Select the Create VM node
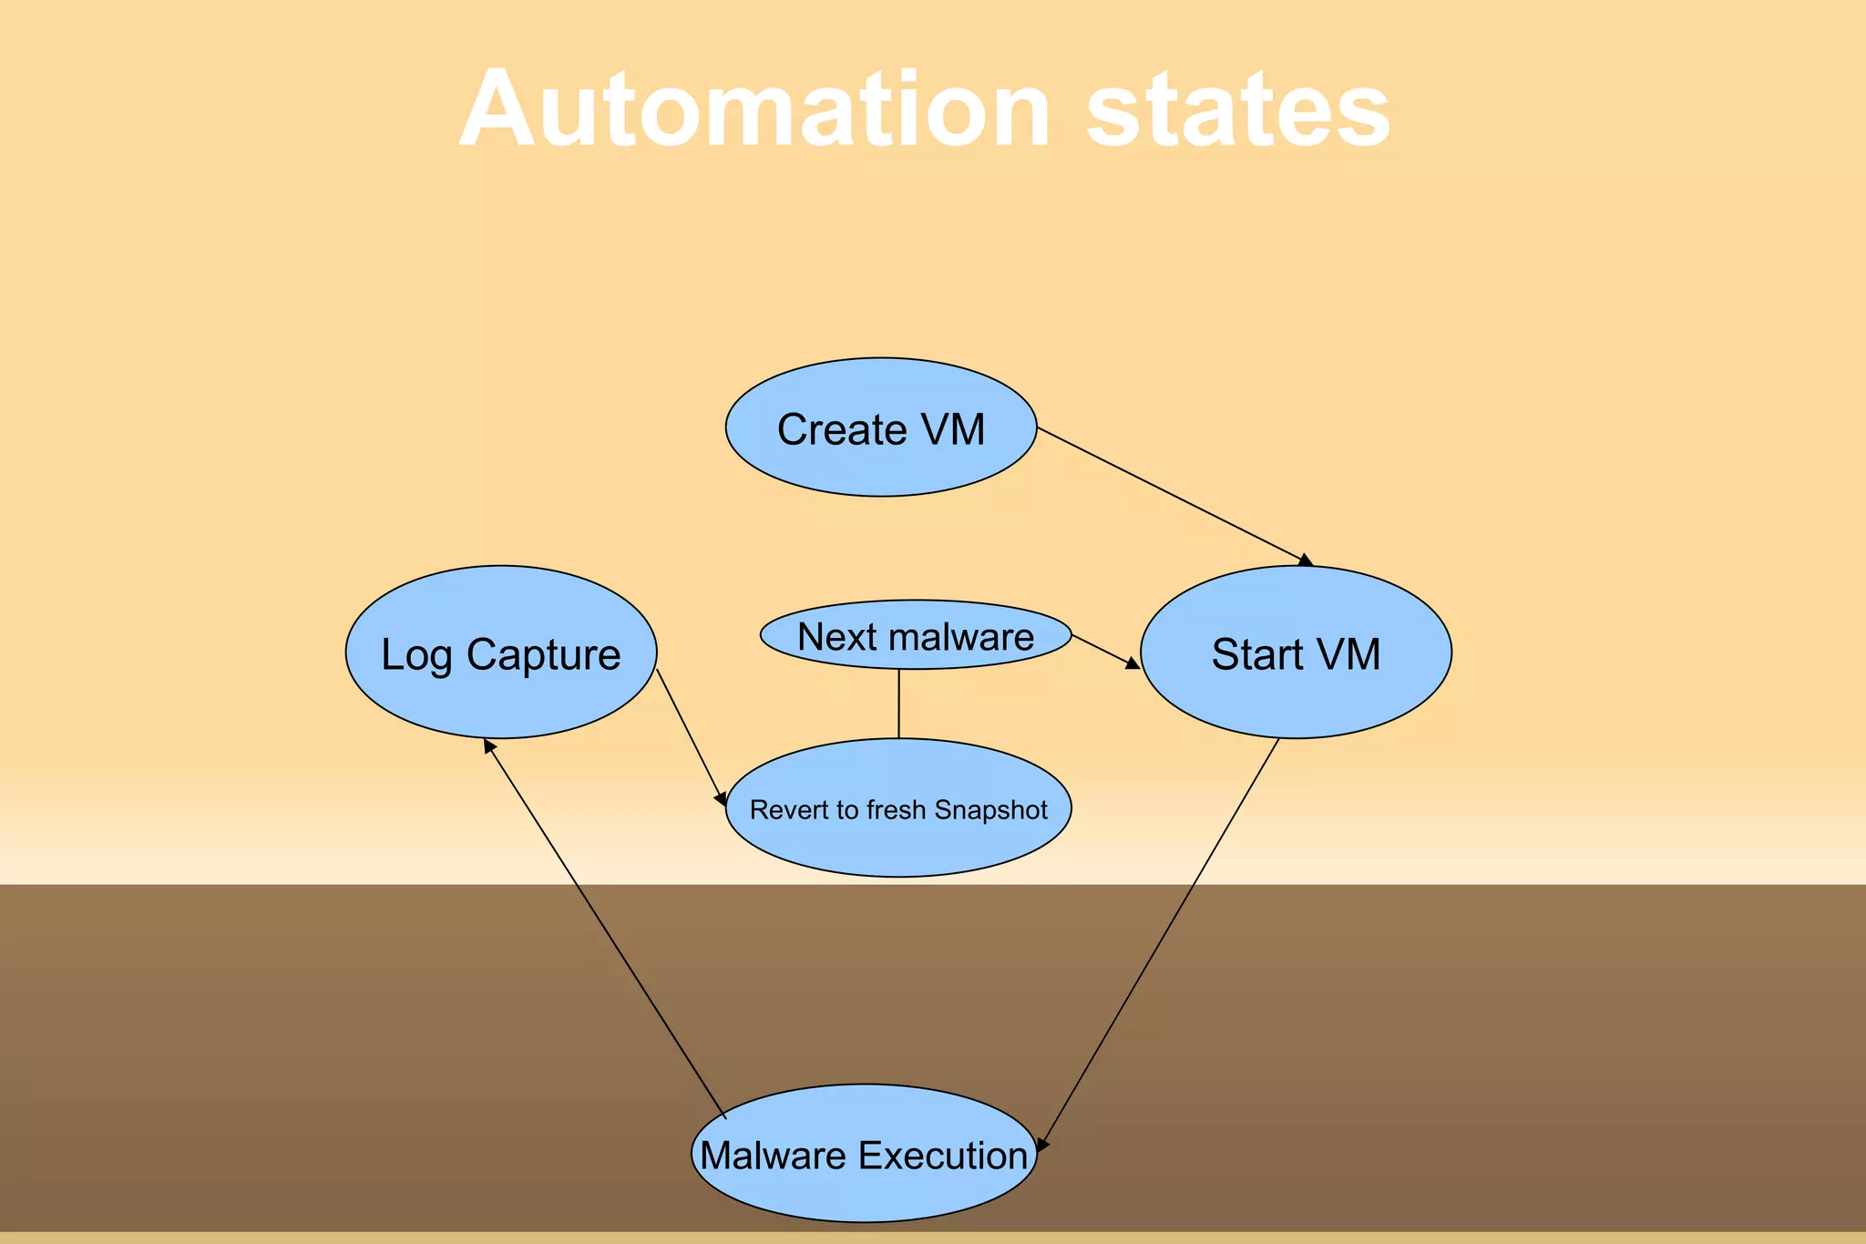point(880,427)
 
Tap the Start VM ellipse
point(1295,653)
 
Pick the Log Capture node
point(500,653)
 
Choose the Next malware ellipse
point(915,635)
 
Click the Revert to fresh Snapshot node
point(897,808)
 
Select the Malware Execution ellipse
point(864,1154)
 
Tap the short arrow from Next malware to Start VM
point(1104,652)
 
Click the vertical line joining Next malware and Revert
point(898,704)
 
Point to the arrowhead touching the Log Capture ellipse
point(489,745)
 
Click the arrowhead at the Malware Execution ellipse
point(1042,1145)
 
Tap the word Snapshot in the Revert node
point(990,809)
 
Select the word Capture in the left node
point(543,655)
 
